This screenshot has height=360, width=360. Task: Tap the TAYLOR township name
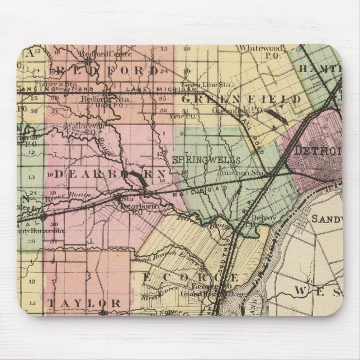(x=84, y=302)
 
